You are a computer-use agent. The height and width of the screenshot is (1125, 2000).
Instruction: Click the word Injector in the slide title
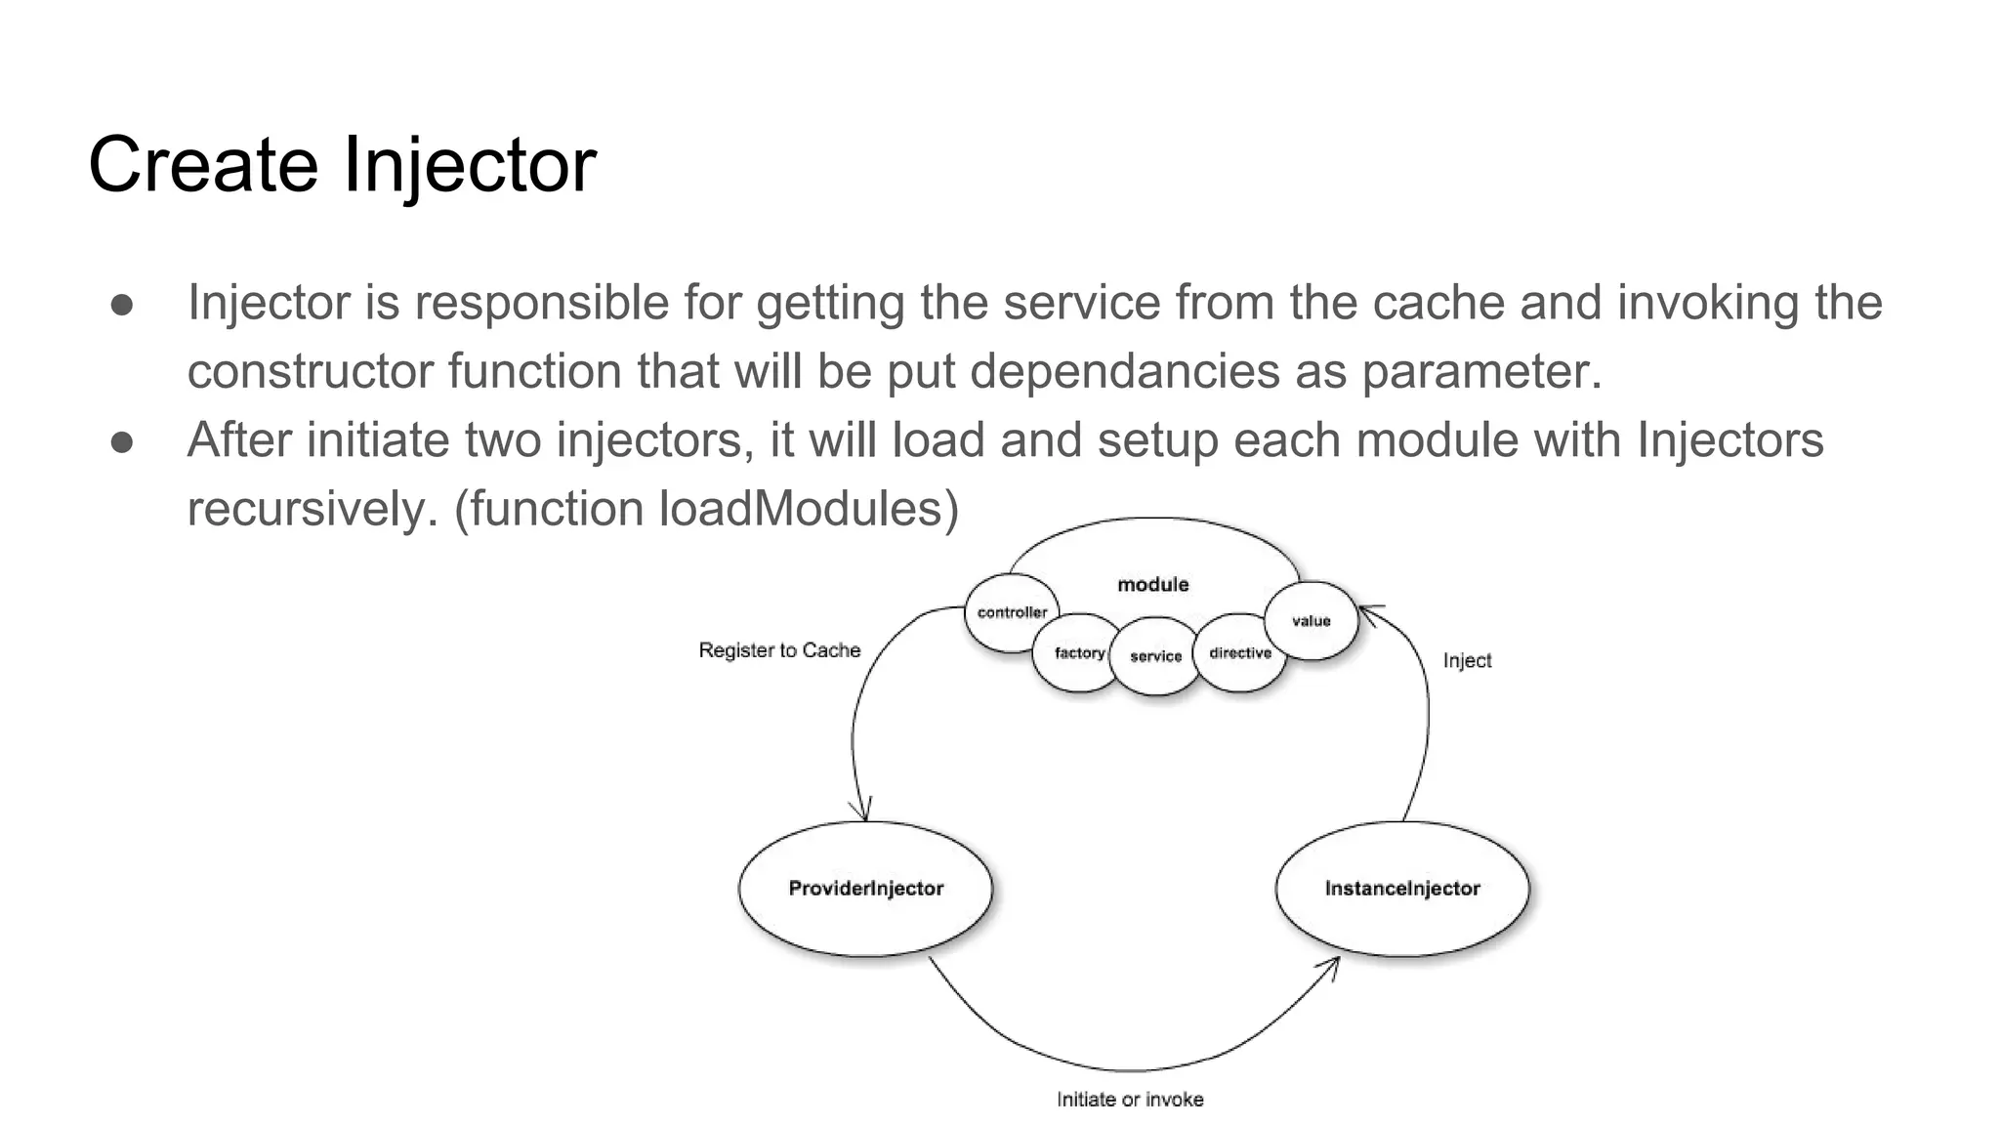(x=469, y=165)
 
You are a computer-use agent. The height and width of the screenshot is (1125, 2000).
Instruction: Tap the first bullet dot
(x=122, y=304)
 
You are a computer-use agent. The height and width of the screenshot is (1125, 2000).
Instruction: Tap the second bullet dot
(x=122, y=441)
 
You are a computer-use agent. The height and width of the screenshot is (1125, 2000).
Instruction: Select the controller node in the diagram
(x=1011, y=612)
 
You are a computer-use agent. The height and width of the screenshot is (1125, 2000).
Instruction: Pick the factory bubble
(x=1078, y=653)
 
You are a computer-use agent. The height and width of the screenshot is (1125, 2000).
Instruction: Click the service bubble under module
(x=1155, y=656)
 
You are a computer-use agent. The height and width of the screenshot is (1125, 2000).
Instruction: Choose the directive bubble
(x=1239, y=653)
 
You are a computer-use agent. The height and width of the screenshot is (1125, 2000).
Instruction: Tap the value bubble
(x=1311, y=621)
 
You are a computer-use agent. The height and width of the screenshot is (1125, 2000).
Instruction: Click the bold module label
(x=1152, y=584)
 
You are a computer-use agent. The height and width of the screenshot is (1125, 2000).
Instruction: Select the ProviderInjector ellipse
(x=865, y=889)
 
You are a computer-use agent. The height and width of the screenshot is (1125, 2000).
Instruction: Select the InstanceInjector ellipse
(x=1401, y=889)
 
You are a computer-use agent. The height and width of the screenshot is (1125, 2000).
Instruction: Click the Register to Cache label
(x=779, y=650)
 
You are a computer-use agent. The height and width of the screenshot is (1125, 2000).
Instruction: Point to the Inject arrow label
(x=1467, y=661)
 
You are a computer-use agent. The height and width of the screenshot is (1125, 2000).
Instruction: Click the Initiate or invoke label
(x=1130, y=1100)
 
